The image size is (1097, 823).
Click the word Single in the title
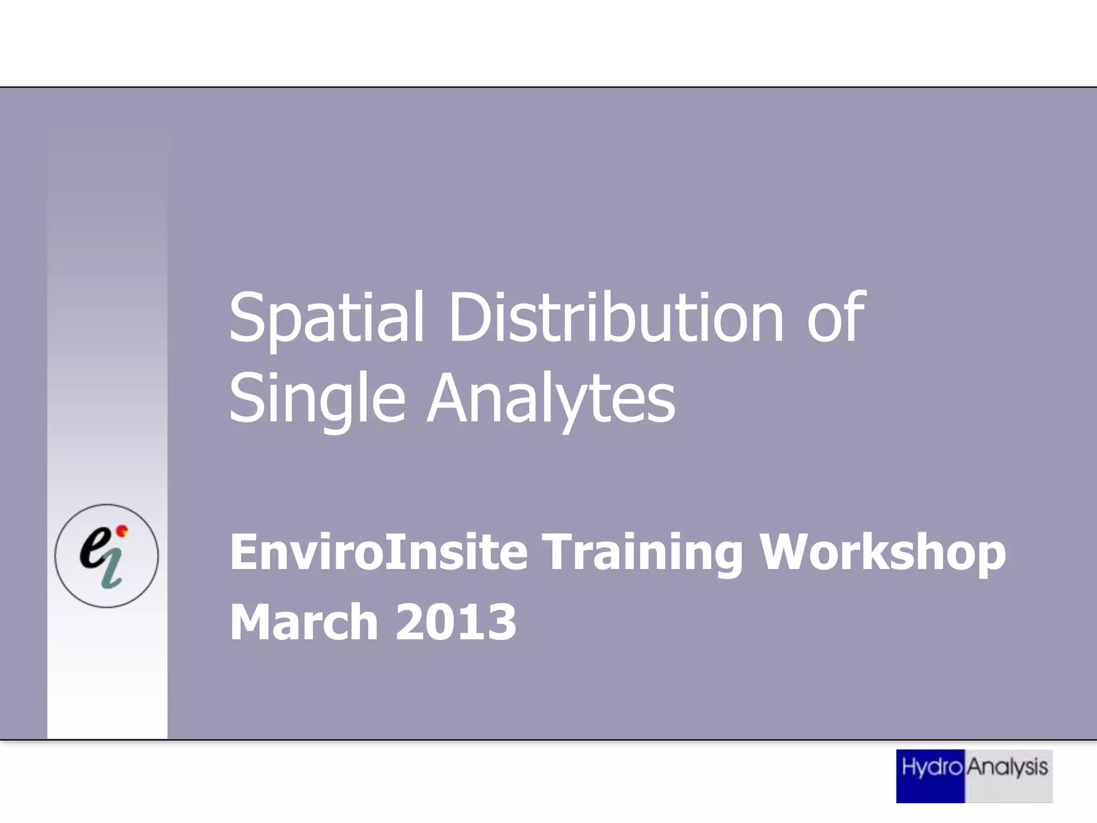317,399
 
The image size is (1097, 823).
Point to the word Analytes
552,399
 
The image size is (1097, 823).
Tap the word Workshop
883,553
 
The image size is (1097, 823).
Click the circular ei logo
107,556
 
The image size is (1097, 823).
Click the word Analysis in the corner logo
1008,768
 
